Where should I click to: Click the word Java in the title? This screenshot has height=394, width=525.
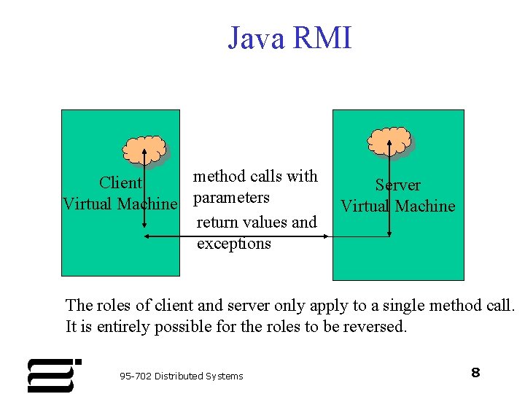[257, 38]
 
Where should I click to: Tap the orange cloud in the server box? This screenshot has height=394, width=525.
[389, 142]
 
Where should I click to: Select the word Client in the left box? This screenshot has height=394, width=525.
[120, 182]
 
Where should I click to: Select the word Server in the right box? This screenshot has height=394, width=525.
[397, 185]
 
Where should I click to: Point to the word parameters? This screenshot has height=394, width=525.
[231, 198]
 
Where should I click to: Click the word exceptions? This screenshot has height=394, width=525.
[233, 244]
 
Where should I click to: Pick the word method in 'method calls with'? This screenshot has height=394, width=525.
[217, 176]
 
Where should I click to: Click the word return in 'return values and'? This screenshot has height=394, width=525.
[217, 222]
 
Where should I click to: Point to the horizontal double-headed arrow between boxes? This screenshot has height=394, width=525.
[236, 236]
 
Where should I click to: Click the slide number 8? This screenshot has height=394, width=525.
[475, 373]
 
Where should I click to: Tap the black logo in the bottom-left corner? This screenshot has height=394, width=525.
[53, 375]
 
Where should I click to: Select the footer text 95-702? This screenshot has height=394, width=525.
[136, 376]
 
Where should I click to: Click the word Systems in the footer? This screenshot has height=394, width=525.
[224, 376]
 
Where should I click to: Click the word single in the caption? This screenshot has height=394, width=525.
[405, 305]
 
